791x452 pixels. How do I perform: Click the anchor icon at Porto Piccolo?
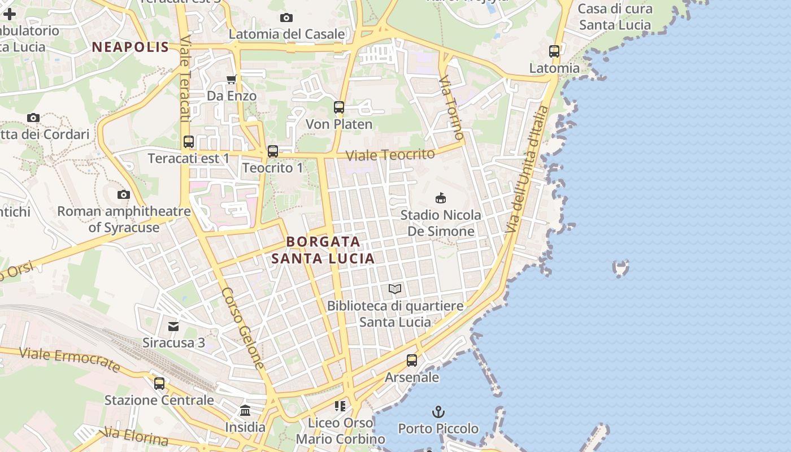(438, 411)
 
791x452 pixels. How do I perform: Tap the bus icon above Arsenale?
(412, 360)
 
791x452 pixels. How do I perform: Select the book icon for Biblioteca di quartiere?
(395, 289)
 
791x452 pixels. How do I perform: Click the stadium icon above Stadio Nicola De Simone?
(441, 198)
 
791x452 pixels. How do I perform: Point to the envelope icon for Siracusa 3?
(173, 326)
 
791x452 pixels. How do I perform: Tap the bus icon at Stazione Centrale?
(159, 384)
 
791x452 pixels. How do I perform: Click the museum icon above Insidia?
(245, 411)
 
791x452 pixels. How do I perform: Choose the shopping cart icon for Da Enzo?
(231, 79)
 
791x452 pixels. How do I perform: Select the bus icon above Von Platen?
(339, 107)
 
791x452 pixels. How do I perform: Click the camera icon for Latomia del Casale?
(286, 18)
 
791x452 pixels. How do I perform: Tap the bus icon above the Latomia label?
(554, 51)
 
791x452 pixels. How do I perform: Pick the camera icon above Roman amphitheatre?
(124, 195)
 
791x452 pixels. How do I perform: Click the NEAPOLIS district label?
(131, 47)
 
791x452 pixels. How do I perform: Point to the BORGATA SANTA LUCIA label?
(323, 250)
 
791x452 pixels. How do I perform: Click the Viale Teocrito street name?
(390, 155)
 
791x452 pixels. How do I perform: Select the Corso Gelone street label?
(243, 328)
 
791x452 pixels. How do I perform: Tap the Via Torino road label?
(451, 107)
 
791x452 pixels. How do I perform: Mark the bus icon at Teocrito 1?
(273, 151)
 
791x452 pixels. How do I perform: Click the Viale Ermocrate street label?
(70, 360)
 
